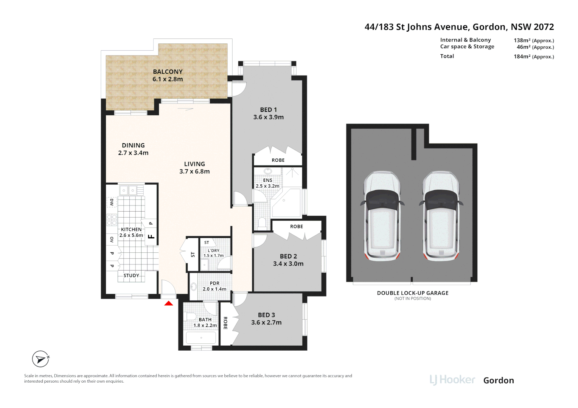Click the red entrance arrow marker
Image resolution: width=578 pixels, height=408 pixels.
(x=169, y=303)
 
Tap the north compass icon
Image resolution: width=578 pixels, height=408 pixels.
(x=40, y=359)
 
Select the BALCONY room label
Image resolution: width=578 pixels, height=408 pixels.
(x=168, y=72)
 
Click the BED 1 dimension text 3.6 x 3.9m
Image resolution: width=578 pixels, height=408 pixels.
(x=268, y=117)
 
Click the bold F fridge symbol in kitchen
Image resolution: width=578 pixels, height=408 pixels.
(x=151, y=237)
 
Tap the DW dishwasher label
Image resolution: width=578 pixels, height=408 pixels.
(x=112, y=202)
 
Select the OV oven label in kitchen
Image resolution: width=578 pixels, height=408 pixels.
(x=112, y=240)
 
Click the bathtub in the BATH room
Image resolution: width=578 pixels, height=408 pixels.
(x=201, y=338)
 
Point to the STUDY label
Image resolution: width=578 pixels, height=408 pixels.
(x=131, y=275)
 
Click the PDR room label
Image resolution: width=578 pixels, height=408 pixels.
(x=214, y=283)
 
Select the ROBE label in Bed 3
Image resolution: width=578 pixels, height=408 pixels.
(x=225, y=323)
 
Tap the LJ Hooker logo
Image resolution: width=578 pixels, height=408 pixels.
(x=452, y=380)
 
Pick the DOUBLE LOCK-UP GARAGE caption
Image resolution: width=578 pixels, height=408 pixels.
(x=412, y=293)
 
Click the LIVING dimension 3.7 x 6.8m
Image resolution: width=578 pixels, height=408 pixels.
(x=194, y=172)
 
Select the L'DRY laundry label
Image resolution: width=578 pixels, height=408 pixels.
(x=213, y=250)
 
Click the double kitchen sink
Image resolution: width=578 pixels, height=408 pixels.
(x=128, y=190)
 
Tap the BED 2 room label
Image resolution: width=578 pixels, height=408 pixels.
(x=288, y=256)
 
